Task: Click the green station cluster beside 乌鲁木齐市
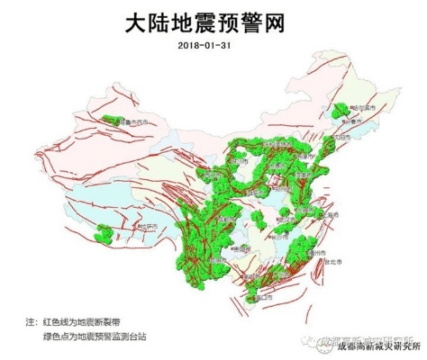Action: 110,121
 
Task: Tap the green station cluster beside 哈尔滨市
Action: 341,112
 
